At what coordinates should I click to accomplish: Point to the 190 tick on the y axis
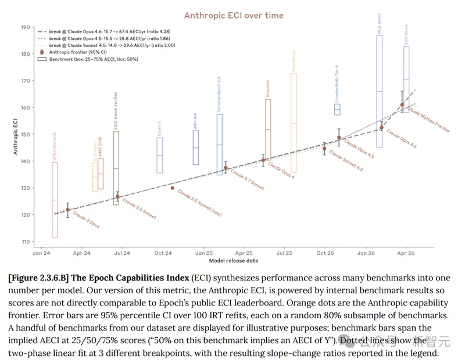[x=26, y=27]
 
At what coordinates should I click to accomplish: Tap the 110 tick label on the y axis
[x=26, y=242]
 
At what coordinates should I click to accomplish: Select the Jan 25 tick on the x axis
[x=203, y=254]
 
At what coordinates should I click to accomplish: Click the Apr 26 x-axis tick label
[x=406, y=254]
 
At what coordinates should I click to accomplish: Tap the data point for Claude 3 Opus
[x=68, y=210]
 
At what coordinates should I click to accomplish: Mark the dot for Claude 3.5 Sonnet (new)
[x=173, y=188]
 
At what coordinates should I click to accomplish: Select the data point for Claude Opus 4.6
[x=402, y=105]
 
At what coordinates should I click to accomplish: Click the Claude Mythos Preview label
[x=429, y=119]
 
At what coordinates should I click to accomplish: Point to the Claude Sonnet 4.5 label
[x=346, y=162]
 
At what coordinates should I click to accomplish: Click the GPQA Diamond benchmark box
[x=55, y=200]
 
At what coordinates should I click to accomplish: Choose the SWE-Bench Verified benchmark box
[x=116, y=168]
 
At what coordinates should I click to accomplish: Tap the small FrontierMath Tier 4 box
[x=337, y=109]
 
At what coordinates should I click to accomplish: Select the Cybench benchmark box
[x=160, y=155]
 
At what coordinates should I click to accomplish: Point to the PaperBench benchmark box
[x=294, y=123]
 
